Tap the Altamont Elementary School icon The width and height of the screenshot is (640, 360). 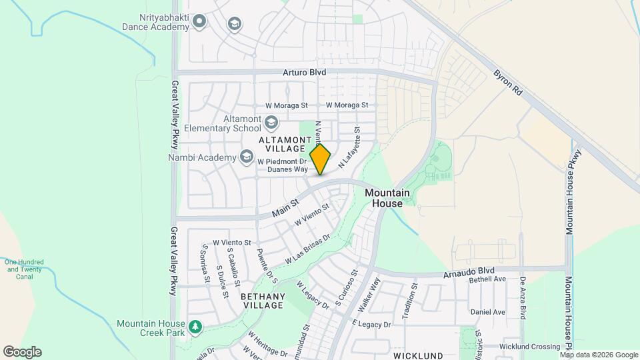(271, 122)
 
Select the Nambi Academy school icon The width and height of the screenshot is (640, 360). (247, 157)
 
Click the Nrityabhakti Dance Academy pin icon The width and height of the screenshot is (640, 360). (199, 23)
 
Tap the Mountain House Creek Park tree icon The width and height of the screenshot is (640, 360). (195, 327)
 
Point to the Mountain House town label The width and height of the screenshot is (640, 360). (383, 198)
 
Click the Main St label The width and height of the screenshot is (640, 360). (285, 209)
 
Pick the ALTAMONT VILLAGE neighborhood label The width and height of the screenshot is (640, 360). (281, 143)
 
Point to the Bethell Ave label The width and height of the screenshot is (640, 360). (488, 280)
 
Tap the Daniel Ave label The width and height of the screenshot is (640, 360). (487, 312)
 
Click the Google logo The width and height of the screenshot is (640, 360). (22, 352)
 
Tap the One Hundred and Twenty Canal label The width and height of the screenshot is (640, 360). (24, 269)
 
